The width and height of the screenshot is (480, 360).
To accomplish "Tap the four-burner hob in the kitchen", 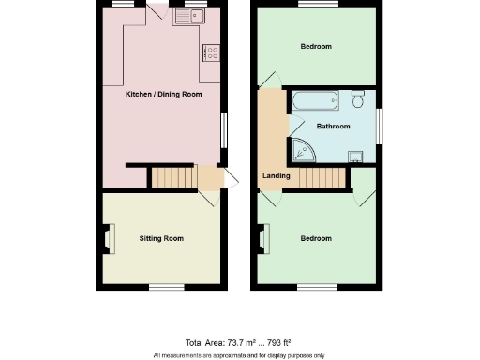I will click(x=211, y=52).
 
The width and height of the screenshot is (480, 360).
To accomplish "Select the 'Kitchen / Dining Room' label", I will click(x=163, y=95).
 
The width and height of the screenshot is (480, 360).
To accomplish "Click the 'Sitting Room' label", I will click(x=161, y=238).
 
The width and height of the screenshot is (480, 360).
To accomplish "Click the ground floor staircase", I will click(x=174, y=177).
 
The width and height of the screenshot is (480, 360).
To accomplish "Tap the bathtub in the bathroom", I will click(x=317, y=101).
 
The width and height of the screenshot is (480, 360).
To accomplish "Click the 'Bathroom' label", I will click(x=333, y=127).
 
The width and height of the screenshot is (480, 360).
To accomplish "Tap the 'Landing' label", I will click(x=276, y=175).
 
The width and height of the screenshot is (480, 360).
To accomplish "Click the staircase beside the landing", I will click(x=316, y=176).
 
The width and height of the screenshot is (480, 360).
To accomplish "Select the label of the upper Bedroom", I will click(x=316, y=46).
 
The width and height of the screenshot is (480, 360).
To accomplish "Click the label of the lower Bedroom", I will click(x=316, y=238).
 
